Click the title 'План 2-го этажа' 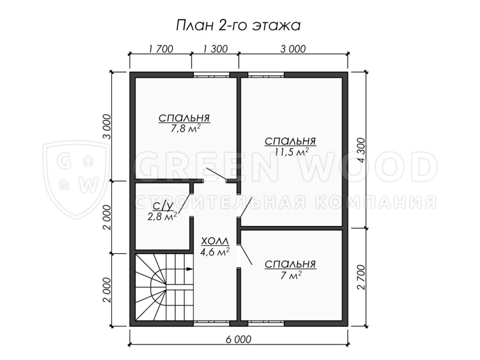coord(238,25)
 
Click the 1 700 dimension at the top coord(160,49)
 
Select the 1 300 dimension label coord(215,49)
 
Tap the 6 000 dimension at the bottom coord(239,339)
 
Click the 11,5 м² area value coord(291,152)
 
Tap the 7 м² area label coord(291,275)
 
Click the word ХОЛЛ coord(215,241)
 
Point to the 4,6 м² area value coord(215,252)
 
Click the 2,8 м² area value coord(162,217)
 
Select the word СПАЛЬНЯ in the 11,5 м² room coord(290,141)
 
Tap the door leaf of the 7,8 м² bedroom coord(216,174)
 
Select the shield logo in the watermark coord(76,180)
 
